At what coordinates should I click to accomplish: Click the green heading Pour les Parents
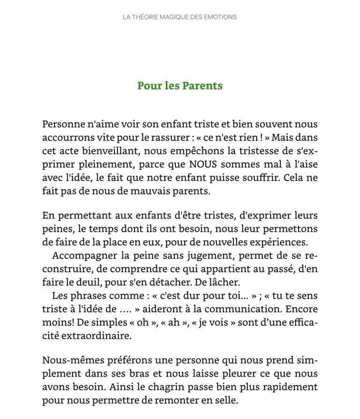(180, 86)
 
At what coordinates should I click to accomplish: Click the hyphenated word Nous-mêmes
(68, 361)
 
